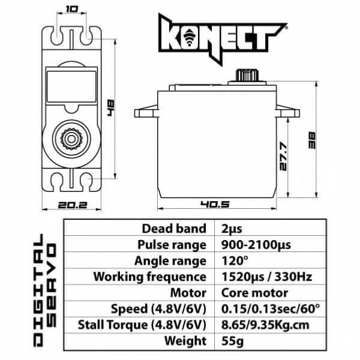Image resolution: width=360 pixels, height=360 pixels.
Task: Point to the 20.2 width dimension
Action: (x=73, y=204)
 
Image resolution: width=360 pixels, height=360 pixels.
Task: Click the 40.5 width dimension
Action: (x=216, y=204)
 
